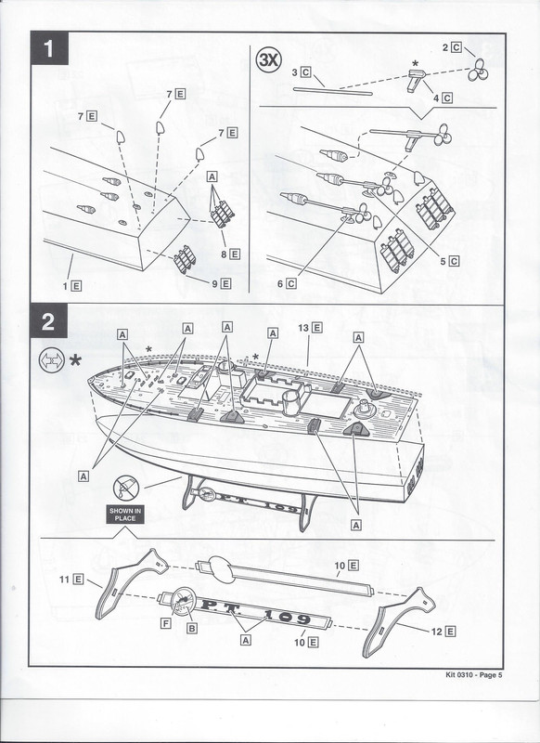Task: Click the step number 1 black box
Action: [x=50, y=48]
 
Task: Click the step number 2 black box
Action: [x=49, y=321]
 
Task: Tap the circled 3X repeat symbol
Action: [x=269, y=60]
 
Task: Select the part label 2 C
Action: [x=452, y=47]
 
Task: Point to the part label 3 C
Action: [x=301, y=72]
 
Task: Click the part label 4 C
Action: [x=443, y=98]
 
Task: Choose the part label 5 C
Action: [x=449, y=261]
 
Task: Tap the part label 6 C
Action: [x=287, y=284]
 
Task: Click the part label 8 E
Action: [x=230, y=254]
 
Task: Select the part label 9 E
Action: [x=221, y=284]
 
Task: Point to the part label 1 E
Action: [x=72, y=286]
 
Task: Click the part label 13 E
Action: [x=310, y=328]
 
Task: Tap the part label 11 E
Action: [x=71, y=579]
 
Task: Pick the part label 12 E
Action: [x=443, y=632]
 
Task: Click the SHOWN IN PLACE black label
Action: [x=125, y=515]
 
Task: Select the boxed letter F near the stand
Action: [x=166, y=623]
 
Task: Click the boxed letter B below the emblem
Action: [x=192, y=629]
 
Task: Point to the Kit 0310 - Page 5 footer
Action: [x=474, y=675]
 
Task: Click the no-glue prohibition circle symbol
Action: [x=126, y=489]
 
